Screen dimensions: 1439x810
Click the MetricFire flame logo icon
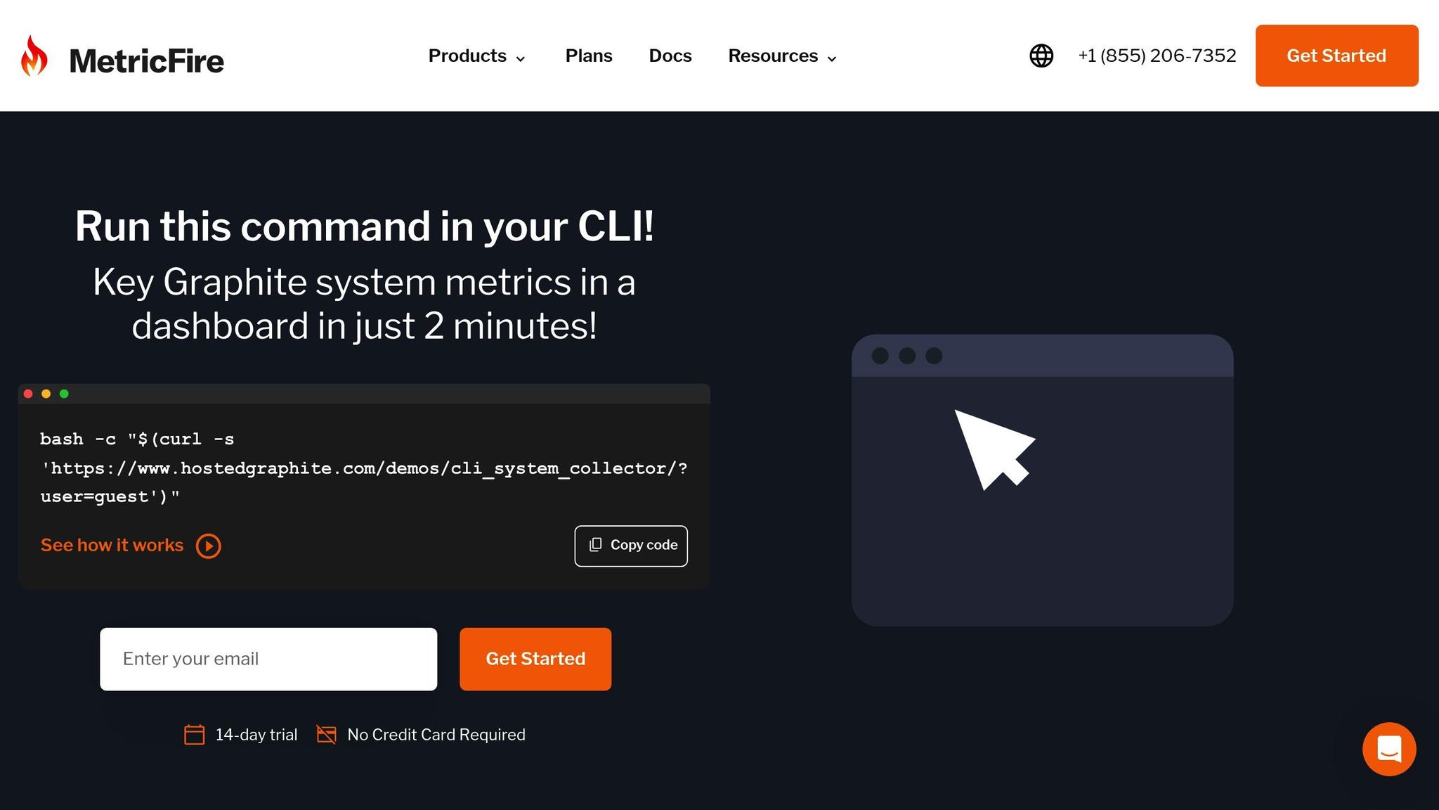click(x=34, y=56)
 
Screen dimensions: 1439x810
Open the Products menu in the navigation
click(x=477, y=56)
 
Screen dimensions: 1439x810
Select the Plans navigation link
click(x=589, y=56)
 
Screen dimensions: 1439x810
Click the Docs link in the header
click(x=670, y=56)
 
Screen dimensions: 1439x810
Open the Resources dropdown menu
click(x=783, y=56)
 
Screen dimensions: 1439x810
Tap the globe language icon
click(x=1041, y=56)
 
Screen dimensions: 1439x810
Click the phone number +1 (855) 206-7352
click(x=1157, y=56)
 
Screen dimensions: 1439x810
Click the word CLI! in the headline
click(x=616, y=226)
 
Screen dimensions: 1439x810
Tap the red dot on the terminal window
click(x=28, y=394)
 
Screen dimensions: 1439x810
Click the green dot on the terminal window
click(x=64, y=394)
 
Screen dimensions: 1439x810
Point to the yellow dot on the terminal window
click(x=46, y=394)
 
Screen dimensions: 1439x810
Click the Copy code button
click(x=631, y=546)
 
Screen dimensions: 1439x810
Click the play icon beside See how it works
click(x=208, y=546)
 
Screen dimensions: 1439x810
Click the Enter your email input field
click(x=268, y=659)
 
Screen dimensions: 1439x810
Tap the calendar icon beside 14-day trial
click(x=194, y=735)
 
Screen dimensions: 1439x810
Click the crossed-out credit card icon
click(x=326, y=735)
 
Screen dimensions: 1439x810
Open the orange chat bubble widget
click(x=1389, y=749)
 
